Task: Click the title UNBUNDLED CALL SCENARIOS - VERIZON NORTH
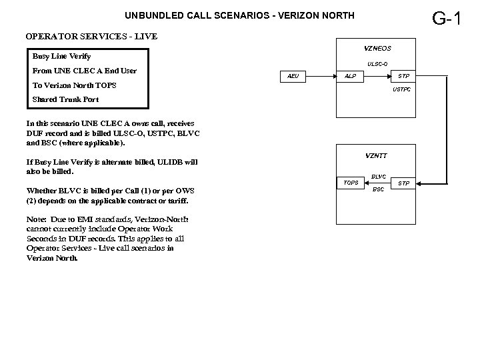coord(230,15)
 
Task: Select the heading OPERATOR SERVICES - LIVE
coord(91,36)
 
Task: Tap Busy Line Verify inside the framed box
coord(62,57)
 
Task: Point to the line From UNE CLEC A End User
coord(82,71)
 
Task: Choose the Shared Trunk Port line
coord(65,99)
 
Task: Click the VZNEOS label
coord(377,48)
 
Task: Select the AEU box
coord(293,76)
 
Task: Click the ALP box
coord(350,76)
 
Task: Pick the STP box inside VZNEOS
coord(403,76)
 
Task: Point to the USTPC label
coord(401,89)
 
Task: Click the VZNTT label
coord(376,155)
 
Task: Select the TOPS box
coord(350,182)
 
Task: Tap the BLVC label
coord(378,176)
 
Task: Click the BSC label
coord(378,189)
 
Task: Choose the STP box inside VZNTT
coord(403,182)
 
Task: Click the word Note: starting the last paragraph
coord(37,219)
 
